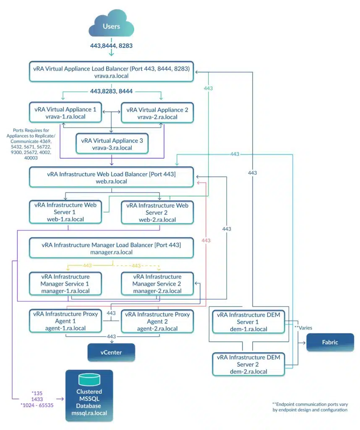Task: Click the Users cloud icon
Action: point(111,24)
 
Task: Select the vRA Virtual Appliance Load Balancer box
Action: point(111,72)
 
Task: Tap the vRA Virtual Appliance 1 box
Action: point(65,113)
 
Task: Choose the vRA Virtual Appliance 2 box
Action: point(157,113)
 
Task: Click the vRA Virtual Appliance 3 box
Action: point(112,144)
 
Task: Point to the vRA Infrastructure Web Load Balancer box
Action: point(111,178)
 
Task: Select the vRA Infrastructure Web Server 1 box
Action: point(65,212)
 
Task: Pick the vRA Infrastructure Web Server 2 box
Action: point(157,212)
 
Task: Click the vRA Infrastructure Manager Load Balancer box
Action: point(111,248)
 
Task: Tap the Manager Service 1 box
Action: point(65,283)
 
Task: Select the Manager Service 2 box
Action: point(157,283)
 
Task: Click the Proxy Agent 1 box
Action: point(65,321)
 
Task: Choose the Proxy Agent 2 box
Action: point(157,321)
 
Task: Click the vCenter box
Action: point(111,352)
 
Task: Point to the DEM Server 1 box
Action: point(248,322)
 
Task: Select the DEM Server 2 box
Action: point(248,364)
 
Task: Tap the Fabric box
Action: point(330,342)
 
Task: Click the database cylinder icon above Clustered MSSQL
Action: point(89,380)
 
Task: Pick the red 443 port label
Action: point(206,241)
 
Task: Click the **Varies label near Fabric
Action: point(303,328)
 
